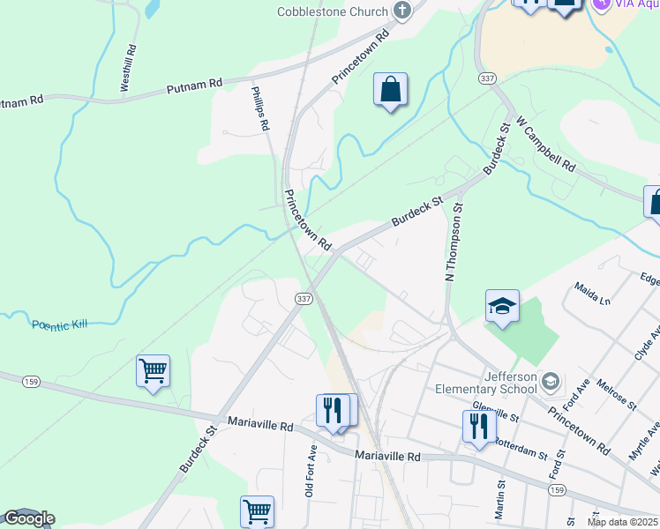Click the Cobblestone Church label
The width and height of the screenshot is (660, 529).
(332, 11)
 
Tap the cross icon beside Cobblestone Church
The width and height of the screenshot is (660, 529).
(402, 11)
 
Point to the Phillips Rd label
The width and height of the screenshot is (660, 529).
(259, 108)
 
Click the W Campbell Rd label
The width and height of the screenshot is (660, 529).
(546, 144)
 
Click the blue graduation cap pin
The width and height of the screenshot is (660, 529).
(502, 306)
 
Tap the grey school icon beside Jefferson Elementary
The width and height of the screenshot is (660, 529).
(551, 380)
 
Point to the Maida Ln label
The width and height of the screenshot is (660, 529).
(592, 293)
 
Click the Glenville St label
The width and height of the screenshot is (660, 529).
(495, 412)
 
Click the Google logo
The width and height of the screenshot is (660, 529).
(28, 518)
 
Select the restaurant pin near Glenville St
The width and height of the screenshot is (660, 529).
(477, 427)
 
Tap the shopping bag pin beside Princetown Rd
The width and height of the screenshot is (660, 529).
(389, 90)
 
